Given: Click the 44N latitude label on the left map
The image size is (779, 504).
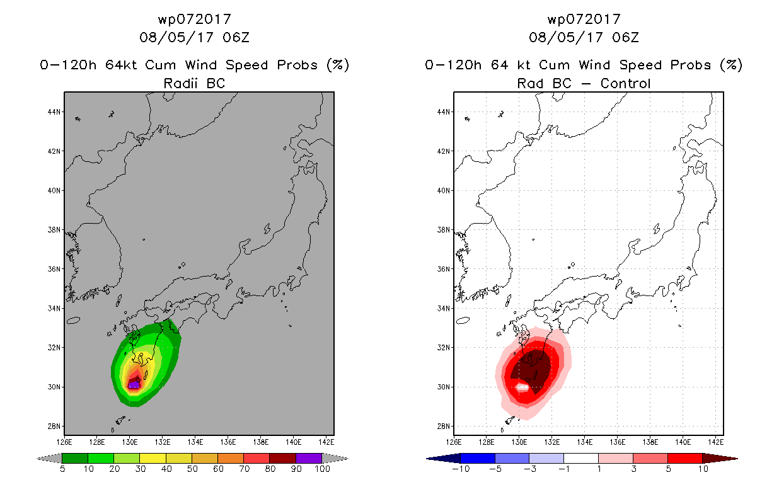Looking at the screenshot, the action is (x=54, y=112).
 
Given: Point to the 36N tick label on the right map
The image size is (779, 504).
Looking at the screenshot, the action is (x=444, y=269).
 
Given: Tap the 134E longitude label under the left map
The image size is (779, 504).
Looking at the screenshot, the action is (x=195, y=442).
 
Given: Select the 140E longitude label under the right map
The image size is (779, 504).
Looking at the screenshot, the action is (x=683, y=442).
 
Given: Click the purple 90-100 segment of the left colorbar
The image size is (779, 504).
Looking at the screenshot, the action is (x=309, y=458).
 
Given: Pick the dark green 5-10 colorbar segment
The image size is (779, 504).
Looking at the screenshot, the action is (x=75, y=458).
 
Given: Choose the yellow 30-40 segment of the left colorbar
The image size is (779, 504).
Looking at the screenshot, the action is (x=153, y=458).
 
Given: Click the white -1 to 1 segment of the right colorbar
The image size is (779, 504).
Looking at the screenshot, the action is (x=581, y=458).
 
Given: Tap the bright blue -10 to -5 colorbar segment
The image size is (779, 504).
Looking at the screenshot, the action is (x=478, y=458).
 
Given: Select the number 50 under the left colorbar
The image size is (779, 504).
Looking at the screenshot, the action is (x=192, y=469).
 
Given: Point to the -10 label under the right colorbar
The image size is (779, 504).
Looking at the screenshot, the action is (x=461, y=469).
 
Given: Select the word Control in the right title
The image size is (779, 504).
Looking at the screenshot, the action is (x=625, y=83).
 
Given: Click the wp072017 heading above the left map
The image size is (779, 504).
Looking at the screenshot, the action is (x=195, y=19).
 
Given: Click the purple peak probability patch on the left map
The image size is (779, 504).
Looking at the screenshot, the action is (x=134, y=385).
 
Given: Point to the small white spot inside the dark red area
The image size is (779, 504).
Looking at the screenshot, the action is (x=522, y=387).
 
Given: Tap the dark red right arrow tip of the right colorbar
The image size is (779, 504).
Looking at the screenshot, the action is (x=737, y=459).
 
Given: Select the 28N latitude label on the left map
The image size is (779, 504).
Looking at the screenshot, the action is (x=54, y=426).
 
